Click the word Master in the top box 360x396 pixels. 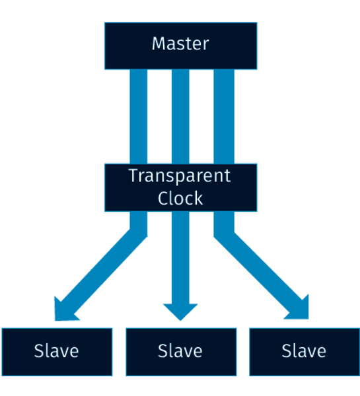tap(180, 44)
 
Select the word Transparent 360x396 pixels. tap(180, 176)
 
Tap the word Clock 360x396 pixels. tap(180, 198)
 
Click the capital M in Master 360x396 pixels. tap(158, 44)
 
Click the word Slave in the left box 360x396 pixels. tap(56, 351)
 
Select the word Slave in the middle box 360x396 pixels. tap(180, 351)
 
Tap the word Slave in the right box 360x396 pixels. tap(304, 351)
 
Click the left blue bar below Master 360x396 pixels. tap(139, 116)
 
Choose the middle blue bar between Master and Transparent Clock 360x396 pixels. tap(180, 116)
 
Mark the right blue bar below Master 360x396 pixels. tap(224, 116)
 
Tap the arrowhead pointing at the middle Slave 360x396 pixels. tap(180, 311)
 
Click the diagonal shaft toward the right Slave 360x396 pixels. tap(260, 268)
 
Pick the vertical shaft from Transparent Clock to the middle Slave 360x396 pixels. tap(180, 257)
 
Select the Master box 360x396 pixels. tap(181, 46)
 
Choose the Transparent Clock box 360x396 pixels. tap(181, 187)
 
